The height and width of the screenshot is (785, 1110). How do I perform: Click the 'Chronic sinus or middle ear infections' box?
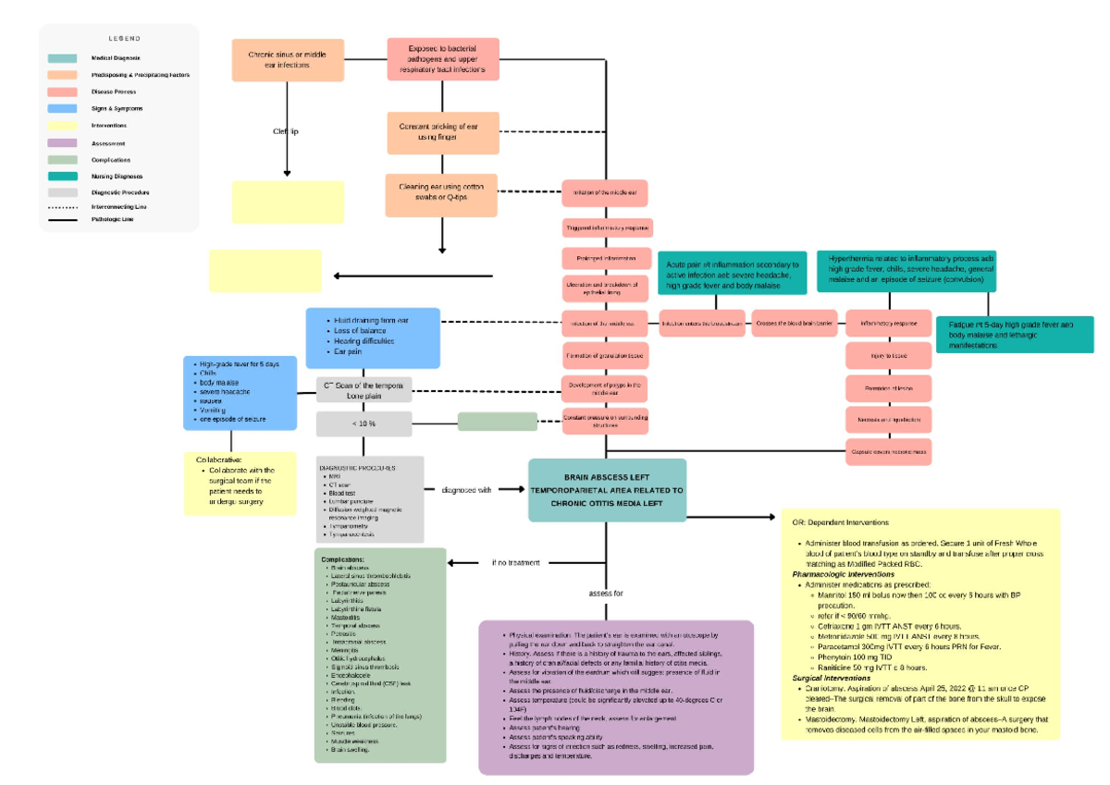[287, 61]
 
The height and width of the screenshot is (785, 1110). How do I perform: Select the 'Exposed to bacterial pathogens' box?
[442, 60]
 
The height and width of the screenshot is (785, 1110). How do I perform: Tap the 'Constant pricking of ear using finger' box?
[442, 131]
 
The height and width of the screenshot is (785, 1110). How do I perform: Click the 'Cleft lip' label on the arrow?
[286, 132]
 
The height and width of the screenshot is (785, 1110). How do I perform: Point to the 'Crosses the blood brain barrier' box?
[794, 324]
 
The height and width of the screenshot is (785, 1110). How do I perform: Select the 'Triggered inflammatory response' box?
[607, 227]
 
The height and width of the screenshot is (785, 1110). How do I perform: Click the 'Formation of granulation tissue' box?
[606, 355]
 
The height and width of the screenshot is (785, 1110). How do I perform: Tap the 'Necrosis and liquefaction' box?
[888, 420]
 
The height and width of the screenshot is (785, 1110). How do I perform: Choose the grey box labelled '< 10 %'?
[364, 423]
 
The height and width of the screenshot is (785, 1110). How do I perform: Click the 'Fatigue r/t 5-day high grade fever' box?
[1015, 334]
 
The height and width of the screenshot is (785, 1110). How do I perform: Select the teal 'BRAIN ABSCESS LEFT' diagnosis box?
[607, 490]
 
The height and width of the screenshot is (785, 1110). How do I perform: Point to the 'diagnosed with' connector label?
[466, 490]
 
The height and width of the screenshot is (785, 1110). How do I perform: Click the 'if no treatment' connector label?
[516, 562]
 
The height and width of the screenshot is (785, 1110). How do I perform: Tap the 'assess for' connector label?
[606, 593]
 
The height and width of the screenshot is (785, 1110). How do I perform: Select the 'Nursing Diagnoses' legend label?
[117, 176]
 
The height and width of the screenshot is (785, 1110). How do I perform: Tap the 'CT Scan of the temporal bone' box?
[364, 389]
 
